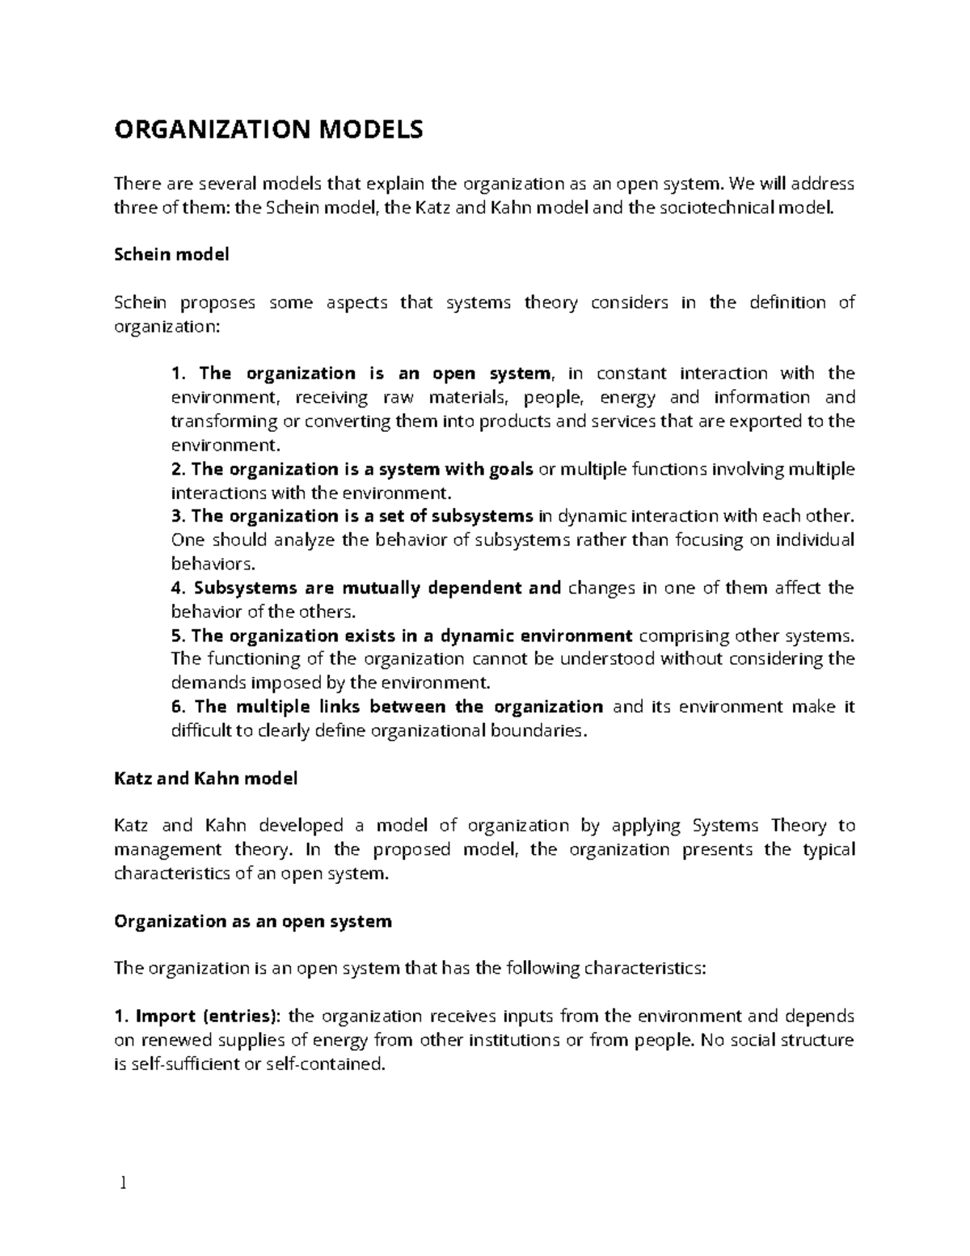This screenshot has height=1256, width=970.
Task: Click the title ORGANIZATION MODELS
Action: [268, 129]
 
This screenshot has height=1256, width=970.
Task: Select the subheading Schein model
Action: [171, 255]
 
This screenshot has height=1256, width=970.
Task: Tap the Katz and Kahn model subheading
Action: [205, 779]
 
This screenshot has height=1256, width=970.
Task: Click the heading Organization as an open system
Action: [253, 921]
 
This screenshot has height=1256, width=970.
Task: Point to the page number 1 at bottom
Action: [123, 1185]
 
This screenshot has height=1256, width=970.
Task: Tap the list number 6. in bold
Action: [179, 707]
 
